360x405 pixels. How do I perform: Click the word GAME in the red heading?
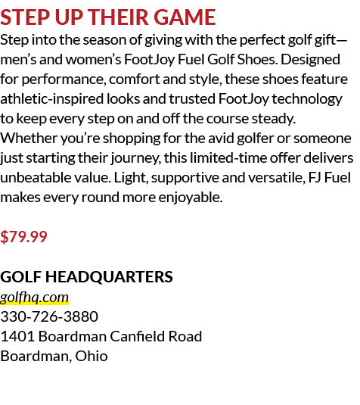(185, 17)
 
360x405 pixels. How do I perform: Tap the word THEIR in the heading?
(119, 17)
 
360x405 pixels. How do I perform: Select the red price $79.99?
(23, 236)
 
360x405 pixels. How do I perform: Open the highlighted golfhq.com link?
(34, 298)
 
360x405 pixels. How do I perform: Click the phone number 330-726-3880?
(49, 316)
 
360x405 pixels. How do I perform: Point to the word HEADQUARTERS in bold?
(109, 277)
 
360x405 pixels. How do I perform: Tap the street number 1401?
(17, 336)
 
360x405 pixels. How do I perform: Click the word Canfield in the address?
(138, 336)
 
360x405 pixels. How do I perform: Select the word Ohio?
(92, 356)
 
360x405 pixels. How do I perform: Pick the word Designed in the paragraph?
(310, 60)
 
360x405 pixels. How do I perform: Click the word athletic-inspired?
(52, 99)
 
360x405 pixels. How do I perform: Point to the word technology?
(307, 99)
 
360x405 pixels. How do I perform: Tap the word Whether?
(29, 139)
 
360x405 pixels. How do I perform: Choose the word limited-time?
(228, 158)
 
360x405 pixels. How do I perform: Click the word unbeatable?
(36, 178)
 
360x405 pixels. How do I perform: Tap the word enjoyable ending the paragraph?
(191, 198)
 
